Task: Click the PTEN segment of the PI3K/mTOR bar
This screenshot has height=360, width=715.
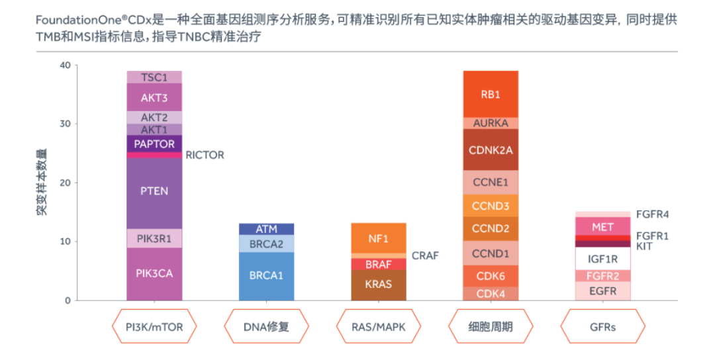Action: coord(154,191)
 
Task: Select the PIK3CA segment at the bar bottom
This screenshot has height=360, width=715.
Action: coord(154,273)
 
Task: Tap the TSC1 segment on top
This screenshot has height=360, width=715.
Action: coord(154,77)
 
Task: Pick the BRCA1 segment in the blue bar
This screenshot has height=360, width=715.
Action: coord(266,275)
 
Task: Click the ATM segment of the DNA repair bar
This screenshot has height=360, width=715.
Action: coord(266,229)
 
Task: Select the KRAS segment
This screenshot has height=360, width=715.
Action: coord(378,285)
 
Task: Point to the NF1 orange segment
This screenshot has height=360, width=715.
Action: coord(378,238)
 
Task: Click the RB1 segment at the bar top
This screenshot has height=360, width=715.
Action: coord(490,94)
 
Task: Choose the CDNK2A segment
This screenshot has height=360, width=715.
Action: coord(490,150)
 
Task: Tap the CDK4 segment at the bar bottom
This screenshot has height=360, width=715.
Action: coord(490,294)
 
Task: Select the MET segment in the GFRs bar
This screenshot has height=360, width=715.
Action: coord(602,226)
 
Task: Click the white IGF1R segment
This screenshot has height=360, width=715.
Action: coord(602,259)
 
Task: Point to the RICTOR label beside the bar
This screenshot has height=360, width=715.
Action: coord(205,155)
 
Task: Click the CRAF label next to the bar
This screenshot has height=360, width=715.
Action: coord(425,255)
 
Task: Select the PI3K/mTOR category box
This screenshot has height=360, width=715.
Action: coord(154,327)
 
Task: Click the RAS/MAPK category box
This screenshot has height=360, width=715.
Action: coord(378,327)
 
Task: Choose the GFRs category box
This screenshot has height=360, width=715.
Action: coord(602,327)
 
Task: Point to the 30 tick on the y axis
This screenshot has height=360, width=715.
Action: coord(65,124)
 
